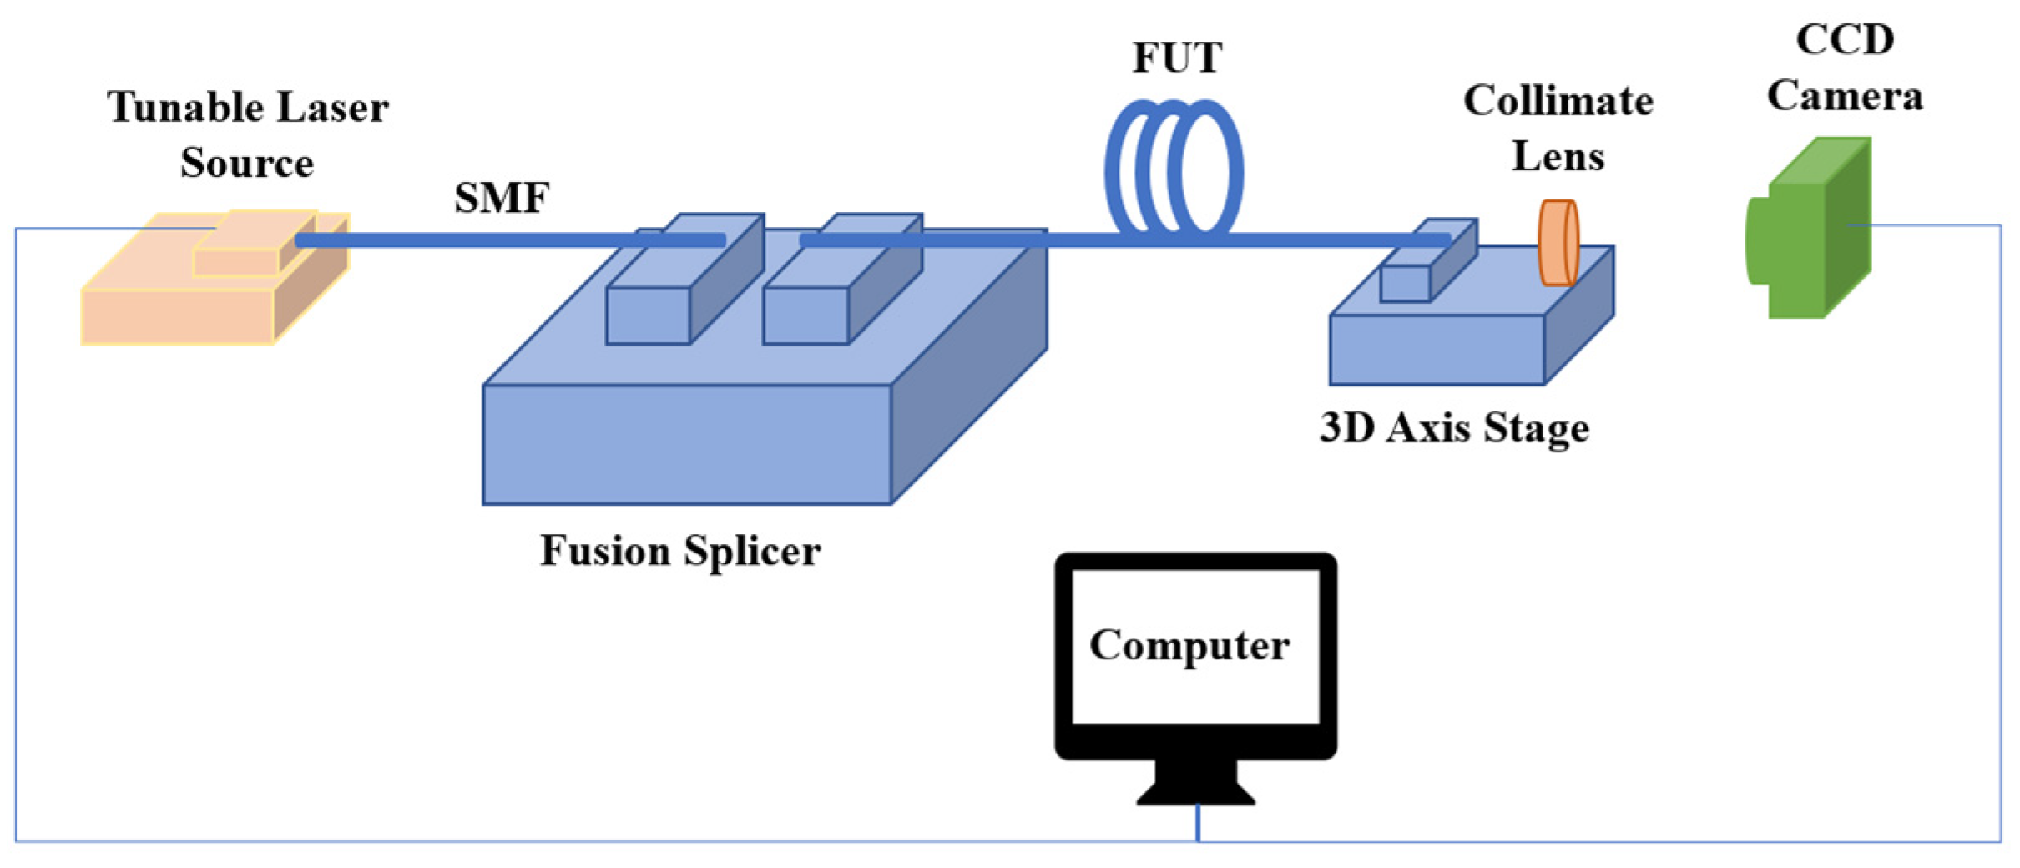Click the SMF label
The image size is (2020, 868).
pyautogui.click(x=502, y=199)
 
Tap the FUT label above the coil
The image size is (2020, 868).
pyautogui.click(x=1176, y=58)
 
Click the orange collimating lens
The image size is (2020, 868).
pyautogui.click(x=1558, y=242)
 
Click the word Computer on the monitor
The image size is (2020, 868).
pyautogui.click(x=1189, y=645)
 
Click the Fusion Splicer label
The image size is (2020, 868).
pyautogui.click(x=680, y=551)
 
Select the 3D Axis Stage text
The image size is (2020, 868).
pyautogui.click(x=1454, y=428)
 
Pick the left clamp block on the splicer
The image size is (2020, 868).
pyautogui.click(x=648, y=315)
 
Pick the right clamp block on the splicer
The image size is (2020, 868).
pyautogui.click(x=805, y=315)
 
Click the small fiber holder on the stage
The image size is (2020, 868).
pyautogui.click(x=1405, y=284)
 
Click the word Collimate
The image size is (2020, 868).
pyautogui.click(x=1558, y=102)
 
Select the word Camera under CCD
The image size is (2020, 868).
pyautogui.click(x=1845, y=95)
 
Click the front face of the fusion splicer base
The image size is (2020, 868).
pyautogui.click(x=687, y=444)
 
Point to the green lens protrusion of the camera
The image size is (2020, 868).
pyautogui.click(x=1756, y=240)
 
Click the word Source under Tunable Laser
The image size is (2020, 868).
pyautogui.click(x=246, y=163)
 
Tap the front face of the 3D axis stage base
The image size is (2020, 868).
pyautogui.click(x=1437, y=350)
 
